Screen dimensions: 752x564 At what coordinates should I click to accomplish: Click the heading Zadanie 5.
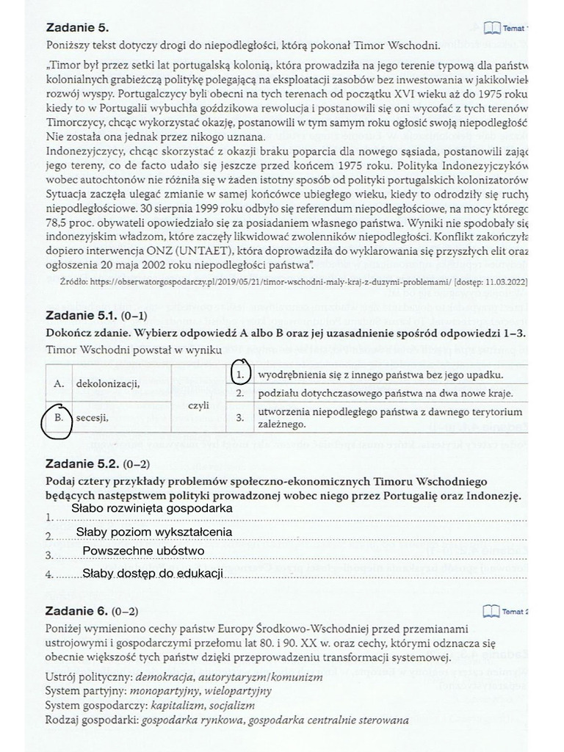coord(77,28)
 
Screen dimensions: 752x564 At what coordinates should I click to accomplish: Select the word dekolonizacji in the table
coord(107,383)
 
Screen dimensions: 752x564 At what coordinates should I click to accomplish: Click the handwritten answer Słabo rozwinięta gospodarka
coord(152,508)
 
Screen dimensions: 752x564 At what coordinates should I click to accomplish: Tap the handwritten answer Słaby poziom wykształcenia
coord(154,532)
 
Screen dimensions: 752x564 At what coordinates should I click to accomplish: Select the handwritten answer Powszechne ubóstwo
coord(143,551)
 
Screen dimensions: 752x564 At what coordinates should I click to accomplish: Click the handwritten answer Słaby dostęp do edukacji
coord(152,573)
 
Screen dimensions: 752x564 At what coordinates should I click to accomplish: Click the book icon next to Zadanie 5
coord(491,28)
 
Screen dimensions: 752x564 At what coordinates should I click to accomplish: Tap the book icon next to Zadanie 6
coord(491,611)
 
